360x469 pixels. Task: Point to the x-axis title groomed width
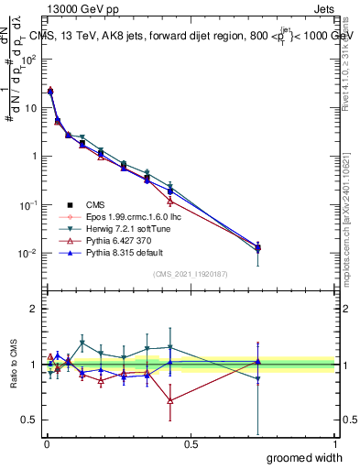click(305, 457)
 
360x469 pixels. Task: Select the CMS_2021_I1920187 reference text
click(191, 274)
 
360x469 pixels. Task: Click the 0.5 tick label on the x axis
click(191, 443)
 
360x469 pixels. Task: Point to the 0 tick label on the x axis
click(47, 443)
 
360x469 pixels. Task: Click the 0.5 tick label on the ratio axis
click(30, 420)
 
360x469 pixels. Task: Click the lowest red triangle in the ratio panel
click(170, 400)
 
